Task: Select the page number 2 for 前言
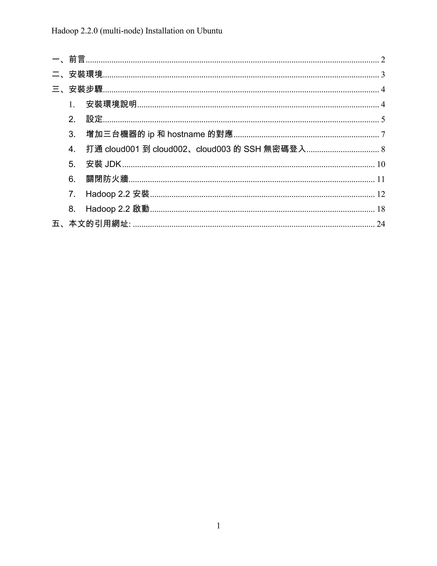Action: click(x=383, y=60)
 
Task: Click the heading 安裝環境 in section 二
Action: click(x=86, y=75)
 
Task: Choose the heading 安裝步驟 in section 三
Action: click(x=86, y=89)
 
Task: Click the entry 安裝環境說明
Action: click(x=111, y=104)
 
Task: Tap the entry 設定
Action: click(x=94, y=119)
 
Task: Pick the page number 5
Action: click(x=383, y=119)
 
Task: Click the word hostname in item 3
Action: click(x=186, y=134)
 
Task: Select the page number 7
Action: click(x=383, y=135)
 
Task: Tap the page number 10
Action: click(x=381, y=164)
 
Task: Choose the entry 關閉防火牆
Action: click(x=107, y=179)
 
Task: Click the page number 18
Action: click(x=381, y=209)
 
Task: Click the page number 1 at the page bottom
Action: click(x=218, y=526)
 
